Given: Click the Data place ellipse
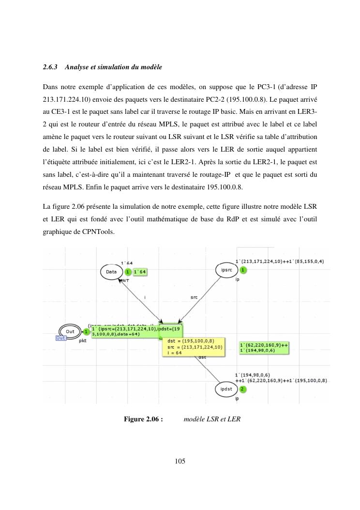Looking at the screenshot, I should (111, 272).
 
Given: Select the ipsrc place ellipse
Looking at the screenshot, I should (226, 269).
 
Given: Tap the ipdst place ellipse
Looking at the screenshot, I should (226, 389).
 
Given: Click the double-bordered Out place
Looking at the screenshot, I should (71, 331).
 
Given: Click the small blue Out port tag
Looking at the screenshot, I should (61, 338).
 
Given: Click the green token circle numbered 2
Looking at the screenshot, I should (242, 389).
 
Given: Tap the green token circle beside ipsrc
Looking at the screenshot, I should (243, 270).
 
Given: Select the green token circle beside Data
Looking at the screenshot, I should (128, 272).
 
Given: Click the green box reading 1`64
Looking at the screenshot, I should (140, 272).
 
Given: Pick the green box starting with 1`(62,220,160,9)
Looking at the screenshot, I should (264, 348).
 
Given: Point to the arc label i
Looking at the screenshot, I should (146, 297).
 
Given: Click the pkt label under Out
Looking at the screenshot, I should (82, 341).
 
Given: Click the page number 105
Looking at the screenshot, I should (180, 461).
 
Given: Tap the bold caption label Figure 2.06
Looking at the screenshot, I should (143, 419).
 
